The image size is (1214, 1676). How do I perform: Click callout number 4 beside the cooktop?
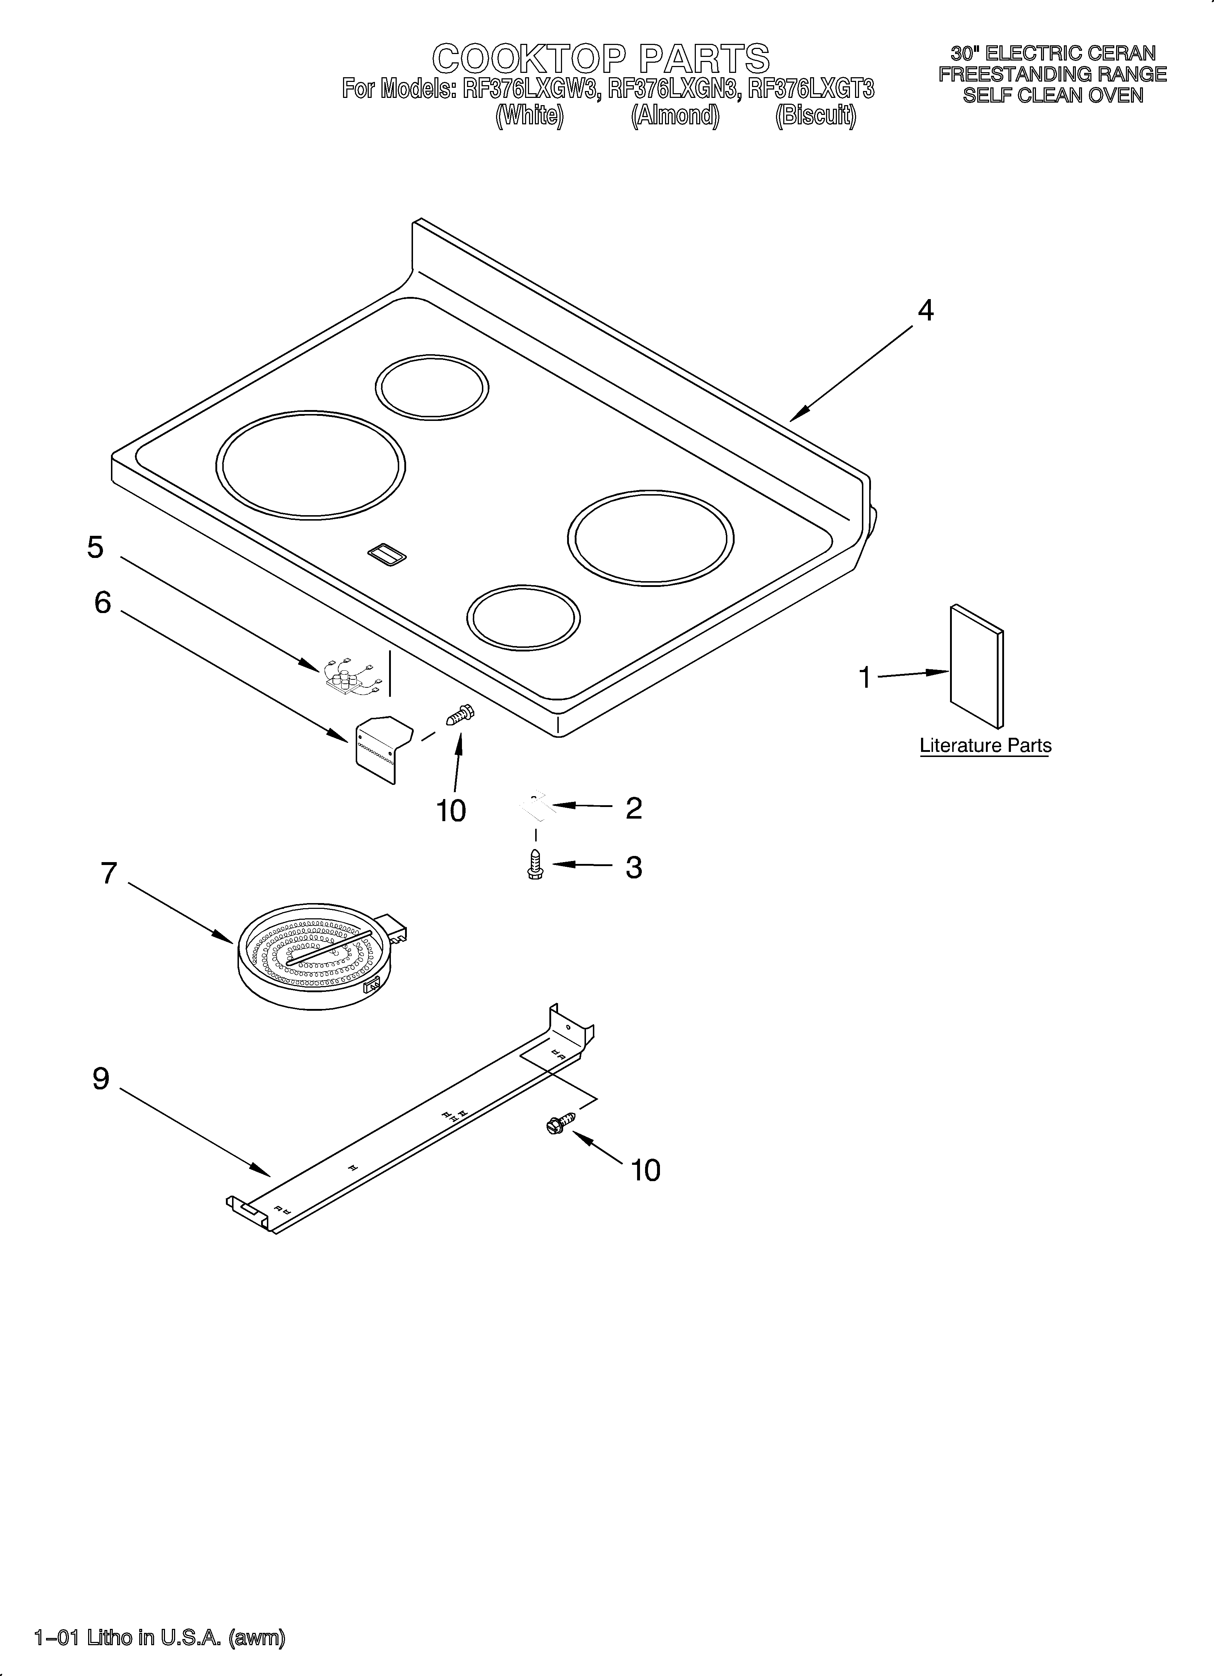[x=925, y=311]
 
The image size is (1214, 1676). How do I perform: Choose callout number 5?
[x=95, y=547]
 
